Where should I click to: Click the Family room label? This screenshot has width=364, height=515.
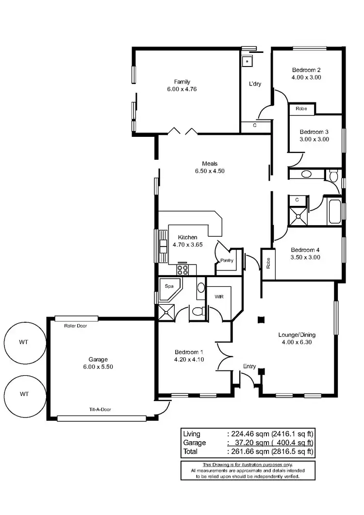[x=182, y=82]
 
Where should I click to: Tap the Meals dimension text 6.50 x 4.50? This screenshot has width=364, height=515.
[x=210, y=171]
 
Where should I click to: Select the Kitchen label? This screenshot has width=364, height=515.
[x=187, y=237]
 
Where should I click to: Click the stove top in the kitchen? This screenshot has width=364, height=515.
[x=183, y=270]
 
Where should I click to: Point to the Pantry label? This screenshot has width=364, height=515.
[x=227, y=261]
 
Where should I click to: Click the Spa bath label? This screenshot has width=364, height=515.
[x=169, y=286]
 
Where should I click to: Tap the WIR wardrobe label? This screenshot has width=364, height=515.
[x=218, y=296]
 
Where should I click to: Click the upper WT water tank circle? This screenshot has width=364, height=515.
[x=23, y=342]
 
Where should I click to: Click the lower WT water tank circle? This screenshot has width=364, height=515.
[x=23, y=394]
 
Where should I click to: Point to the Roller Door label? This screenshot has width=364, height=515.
[x=75, y=326]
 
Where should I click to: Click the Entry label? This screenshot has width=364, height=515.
[x=249, y=366]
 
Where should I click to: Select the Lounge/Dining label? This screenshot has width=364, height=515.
[x=297, y=334]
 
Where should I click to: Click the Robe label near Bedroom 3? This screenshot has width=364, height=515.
[x=301, y=109]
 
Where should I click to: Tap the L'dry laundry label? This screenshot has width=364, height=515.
[x=255, y=84]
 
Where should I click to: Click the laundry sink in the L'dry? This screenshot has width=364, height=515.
[x=247, y=61]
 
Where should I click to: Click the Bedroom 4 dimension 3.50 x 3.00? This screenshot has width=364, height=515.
[x=305, y=257]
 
